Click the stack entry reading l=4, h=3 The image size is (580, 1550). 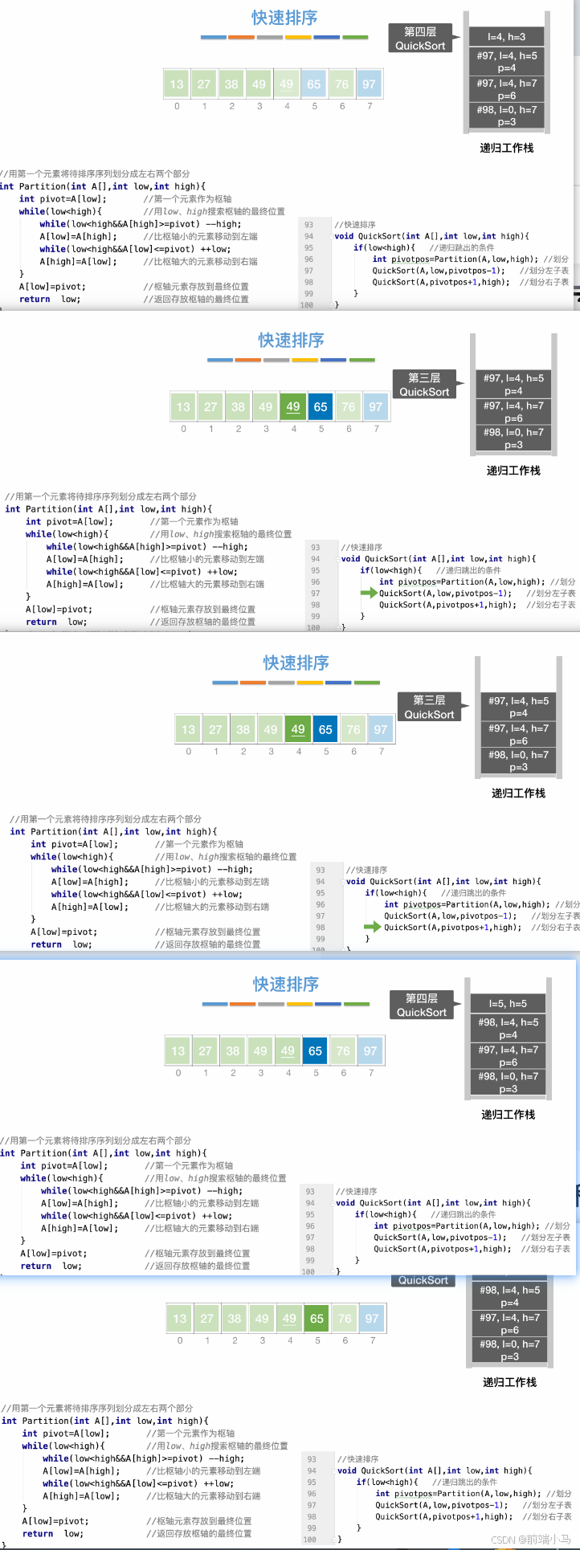pyautogui.click(x=506, y=37)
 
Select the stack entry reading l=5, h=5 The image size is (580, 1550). pyautogui.click(x=508, y=1004)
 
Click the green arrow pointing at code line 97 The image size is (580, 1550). pyautogui.click(x=369, y=593)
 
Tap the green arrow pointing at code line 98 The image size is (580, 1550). pyautogui.click(x=373, y=927)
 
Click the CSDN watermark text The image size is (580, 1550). pyautogui.click(x=530, y=1540)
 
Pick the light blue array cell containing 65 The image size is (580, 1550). pyautogui.click(x=314, y=84)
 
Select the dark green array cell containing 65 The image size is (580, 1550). pyautogui.click(x=317, y=1319)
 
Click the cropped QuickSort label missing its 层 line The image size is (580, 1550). pyautogui.click(x=423, y=1280)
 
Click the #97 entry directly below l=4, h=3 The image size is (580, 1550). pyautogui.click(x=506, y=62)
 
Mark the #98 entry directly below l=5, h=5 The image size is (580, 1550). pyautogui.click(x=508, y=1029)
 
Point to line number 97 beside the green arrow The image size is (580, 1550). pyautogui.click(x=316, y=593)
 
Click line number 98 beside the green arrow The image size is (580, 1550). pyautogui.click(x=321, y=928)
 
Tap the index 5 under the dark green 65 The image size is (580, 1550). pyautogui.click(x=317, y=1340)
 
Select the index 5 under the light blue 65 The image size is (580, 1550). pyautogui.click(x=314, y=106)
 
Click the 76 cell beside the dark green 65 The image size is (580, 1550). pyautogui.click(x=345, y=1319)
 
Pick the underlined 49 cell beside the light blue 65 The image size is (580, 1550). pyautogui.click(x=287, y=84)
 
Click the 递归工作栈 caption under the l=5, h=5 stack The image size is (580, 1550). pyautogui.click(x=508, y=1115)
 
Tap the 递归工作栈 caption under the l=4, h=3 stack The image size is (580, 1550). pyautogui.click(x=506, y=148)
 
